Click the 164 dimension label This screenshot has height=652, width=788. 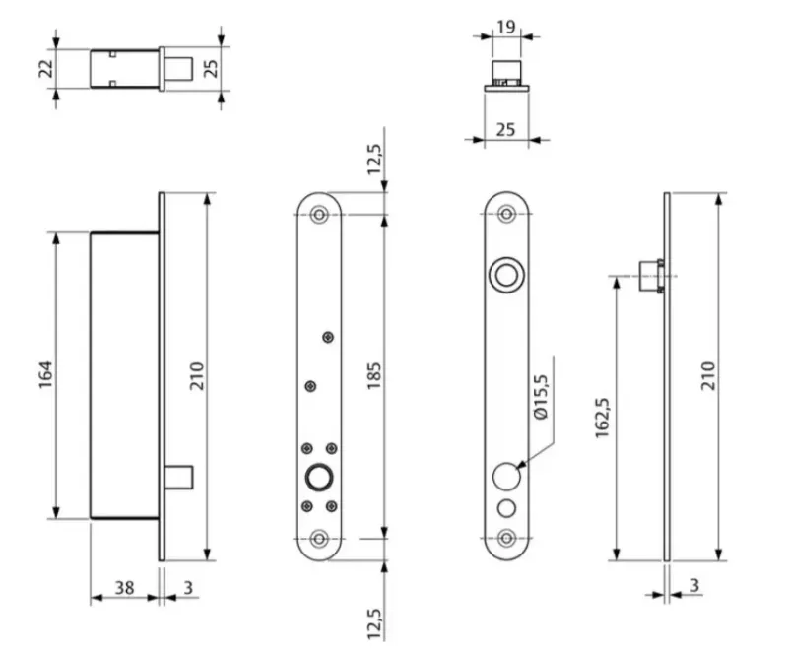click(x=45, y=374)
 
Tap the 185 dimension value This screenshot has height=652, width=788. click(x=374, y=375)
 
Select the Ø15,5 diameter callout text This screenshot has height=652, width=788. click(x=541, y=397)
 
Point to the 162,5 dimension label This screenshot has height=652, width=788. click(x=602, y=418)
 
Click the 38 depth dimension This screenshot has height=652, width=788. click(x=124, y=587)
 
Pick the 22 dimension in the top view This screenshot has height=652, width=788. click(x=45, y=68)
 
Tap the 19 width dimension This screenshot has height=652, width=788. click(x=505, y=27)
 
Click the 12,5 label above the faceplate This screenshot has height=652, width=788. click(x=374, y=160)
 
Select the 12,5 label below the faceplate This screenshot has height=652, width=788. click(x=374, y=623)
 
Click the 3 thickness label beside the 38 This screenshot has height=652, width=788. click(x=188, y=587)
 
